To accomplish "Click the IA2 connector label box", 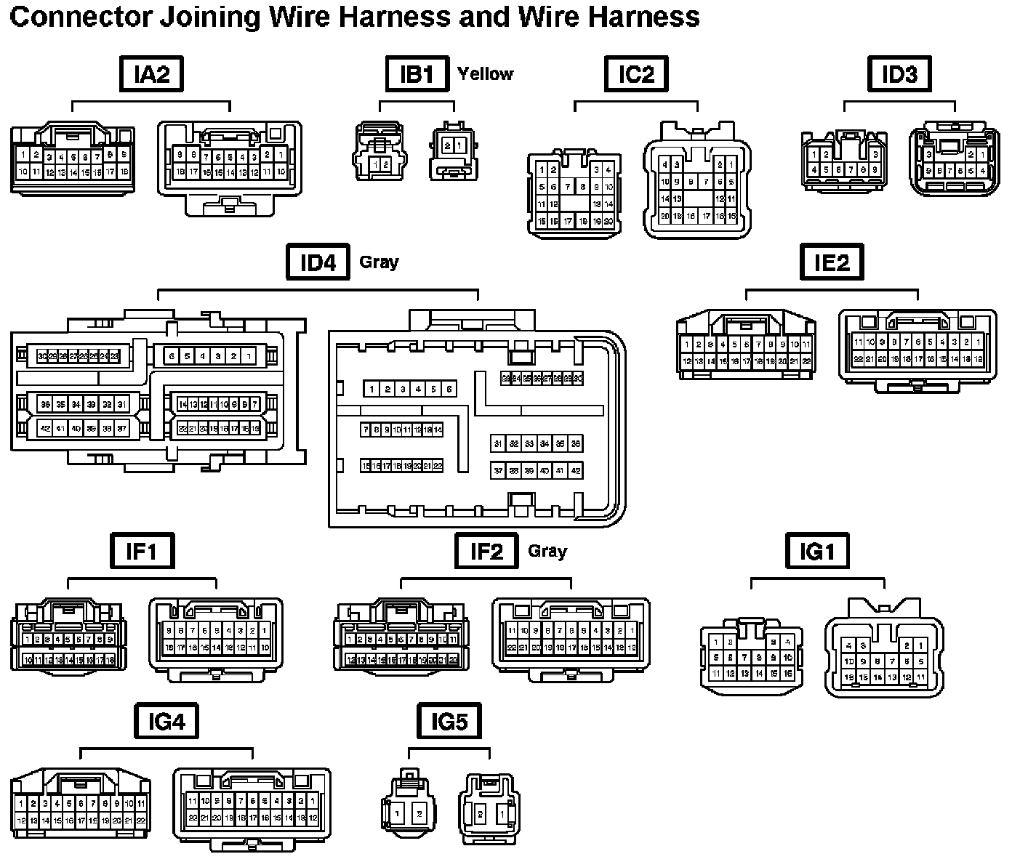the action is pyautogui.click(x=150, y=74).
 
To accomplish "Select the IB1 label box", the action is pyautogui.click(x=417, y=74).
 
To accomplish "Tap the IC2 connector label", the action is pyautogui.click(x=636, y=74).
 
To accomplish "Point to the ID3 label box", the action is pyautogui.click(x=899, y=74).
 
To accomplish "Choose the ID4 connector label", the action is pyautogui.click(x=318, y=262).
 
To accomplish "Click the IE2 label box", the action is pyautogui.click(x=832, y=262).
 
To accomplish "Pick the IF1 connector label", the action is pyautogui.click(x=141, y=551).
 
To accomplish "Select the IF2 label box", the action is pyautogui.click(x=486, y=551).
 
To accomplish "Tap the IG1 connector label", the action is pyautogui.click(x=817, y=551).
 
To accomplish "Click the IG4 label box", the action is pyautogui.click(x=166, y=722).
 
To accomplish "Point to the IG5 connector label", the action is pyautogui.click(x=449, y=722).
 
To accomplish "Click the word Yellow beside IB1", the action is pyautogui.click(x=485, y=74).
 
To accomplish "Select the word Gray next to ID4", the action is pyautogui.click(x=379, y=262).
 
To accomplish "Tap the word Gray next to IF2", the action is pyautogui.click(x=547, y=551).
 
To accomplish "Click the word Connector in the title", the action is pyautogui.click(x=73, y=16).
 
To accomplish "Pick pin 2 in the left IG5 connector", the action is pyautogui.click(x=419, y=814).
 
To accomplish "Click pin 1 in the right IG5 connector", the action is pyautogui.click(x=502, y=814).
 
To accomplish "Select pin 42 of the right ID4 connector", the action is pyautogui.click(x=576, y=471).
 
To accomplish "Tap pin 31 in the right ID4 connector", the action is pyautogui.click(x=498, y=443).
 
